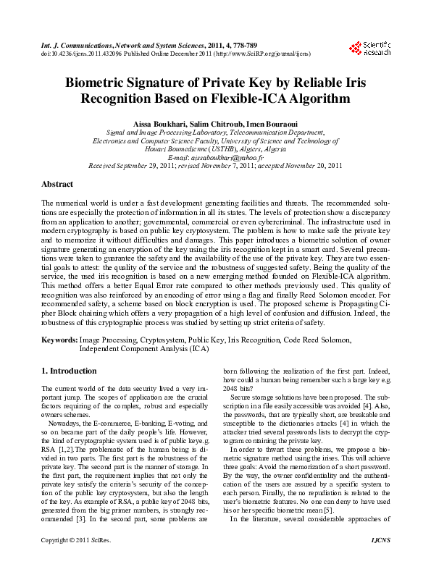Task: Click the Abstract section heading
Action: pyautogui.click(x=57, y=185)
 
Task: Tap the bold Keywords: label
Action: pyautogui.click(x=59, y=339)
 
